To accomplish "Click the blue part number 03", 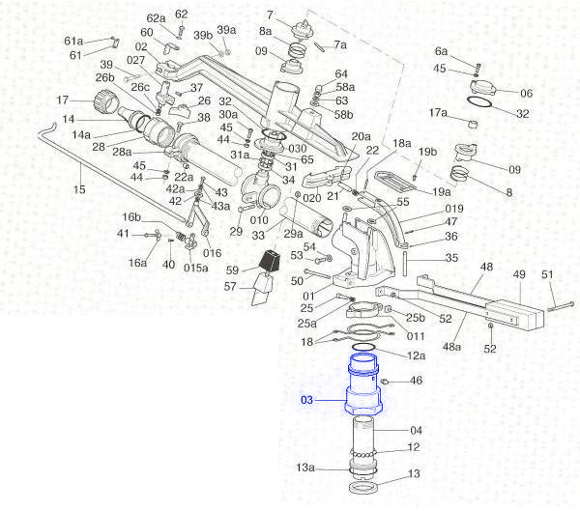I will [307, 399].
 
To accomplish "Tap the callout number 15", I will [79, 189].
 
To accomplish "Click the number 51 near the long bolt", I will [547, 275].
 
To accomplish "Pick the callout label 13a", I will [305, 468].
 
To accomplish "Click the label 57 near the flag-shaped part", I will [231, 287].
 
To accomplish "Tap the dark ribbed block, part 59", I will [269, 261].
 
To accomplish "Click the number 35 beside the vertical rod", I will [450, 259].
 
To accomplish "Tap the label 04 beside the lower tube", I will [417, 431].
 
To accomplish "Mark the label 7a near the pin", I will [339, 44].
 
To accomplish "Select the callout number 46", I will [417, 382].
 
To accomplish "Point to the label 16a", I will [138, 263].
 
